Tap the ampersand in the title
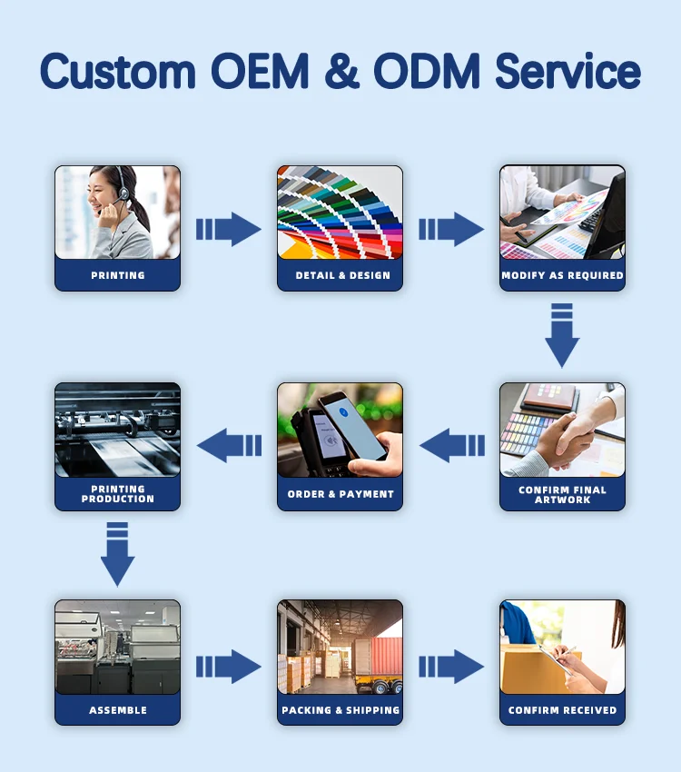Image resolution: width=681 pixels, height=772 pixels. (340, 71)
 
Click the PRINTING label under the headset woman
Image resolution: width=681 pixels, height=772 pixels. (117, 275)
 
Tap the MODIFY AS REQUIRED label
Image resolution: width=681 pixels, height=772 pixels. (562, 275)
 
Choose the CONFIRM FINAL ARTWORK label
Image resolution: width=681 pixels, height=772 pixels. (562, 495)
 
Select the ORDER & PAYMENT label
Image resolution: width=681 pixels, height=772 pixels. (340, 494)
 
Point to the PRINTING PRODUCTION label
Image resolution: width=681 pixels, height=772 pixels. (117, 494)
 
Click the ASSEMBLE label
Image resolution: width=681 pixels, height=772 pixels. (117, 710)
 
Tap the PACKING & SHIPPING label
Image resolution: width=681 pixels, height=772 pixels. (340, 710)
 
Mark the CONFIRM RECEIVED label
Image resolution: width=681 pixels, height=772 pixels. (562, 710)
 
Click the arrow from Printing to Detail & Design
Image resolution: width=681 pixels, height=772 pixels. (229, 229)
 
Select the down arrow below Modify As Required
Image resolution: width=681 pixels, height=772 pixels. (562, 336)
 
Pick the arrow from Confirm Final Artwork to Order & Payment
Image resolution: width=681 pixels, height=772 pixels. (452, 445)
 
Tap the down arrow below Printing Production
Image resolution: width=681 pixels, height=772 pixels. (117, 554)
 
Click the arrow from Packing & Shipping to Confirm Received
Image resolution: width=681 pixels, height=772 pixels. (451, 667)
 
